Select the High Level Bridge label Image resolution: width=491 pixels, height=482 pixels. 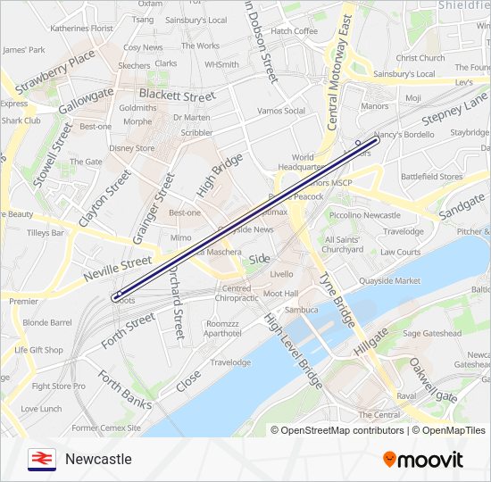tap(293, 350)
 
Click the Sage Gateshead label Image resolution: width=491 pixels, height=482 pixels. tap(432, 334)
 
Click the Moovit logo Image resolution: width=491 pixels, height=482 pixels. tap(423, 460)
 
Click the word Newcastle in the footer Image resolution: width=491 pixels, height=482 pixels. tap(98, 460)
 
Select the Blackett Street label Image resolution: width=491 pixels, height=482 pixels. tap(177, 96)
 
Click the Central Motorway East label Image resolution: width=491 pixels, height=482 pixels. tap(340, 71)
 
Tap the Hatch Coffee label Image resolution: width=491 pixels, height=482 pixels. tap(294, 31)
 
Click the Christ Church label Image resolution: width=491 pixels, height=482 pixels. tap(420, 58)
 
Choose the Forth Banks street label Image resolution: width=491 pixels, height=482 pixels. tap(124, 390)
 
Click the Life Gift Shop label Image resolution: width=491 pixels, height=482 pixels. tap(38, 350)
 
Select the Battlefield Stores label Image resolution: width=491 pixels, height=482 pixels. tap(432, 177)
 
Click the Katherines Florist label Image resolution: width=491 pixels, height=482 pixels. tap(81, 29)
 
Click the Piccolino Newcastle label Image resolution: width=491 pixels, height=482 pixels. tap(363, 215)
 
